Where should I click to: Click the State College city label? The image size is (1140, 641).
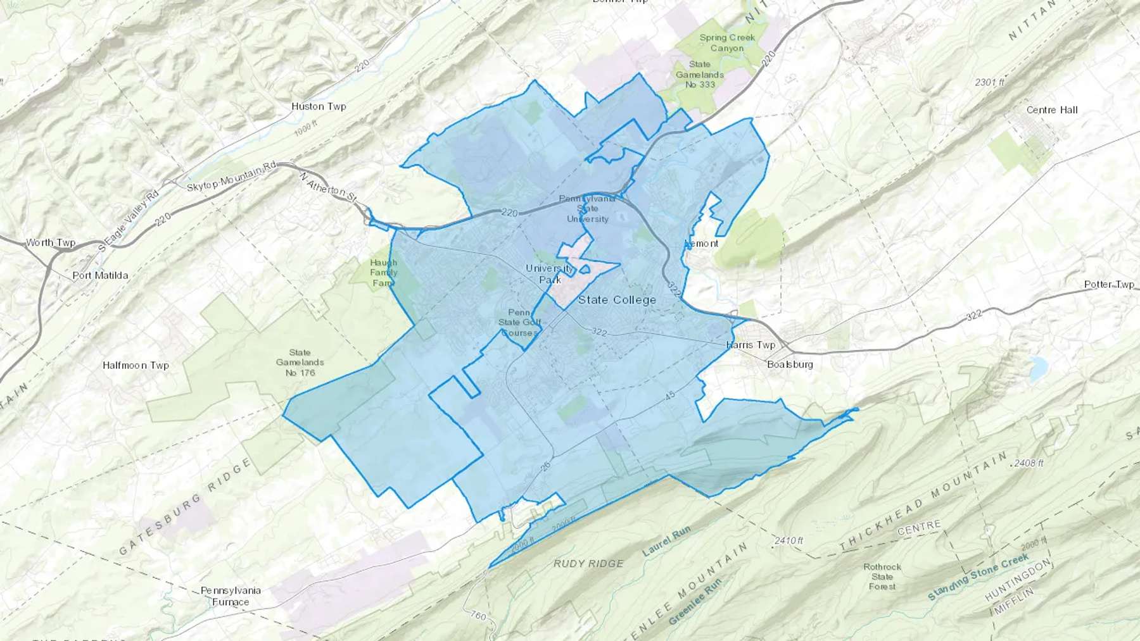pos(617,300)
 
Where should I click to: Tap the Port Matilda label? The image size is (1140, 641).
pos(100,275)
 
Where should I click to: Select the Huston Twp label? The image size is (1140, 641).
pos(319,106)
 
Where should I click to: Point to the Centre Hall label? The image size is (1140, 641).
pos(1052,110)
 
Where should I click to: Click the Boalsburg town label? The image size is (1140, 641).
pos(790,364)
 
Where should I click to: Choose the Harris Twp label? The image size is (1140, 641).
pos(750,345)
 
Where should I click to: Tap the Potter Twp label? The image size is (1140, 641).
pos(1109,284)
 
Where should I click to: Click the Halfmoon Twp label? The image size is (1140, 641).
pos(136,365)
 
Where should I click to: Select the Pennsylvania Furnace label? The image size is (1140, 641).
pos(231,596)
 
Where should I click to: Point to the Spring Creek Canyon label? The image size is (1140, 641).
pos(727,42)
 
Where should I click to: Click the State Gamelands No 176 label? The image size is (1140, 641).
pos(300,363)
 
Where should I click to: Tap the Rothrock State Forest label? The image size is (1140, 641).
pos(882,576)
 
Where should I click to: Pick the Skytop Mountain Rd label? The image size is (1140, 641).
pos(232,178)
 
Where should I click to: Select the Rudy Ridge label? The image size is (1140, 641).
pos(588,563)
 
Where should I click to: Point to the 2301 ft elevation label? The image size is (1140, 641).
pos(989,82)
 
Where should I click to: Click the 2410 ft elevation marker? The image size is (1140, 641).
pos(788,541)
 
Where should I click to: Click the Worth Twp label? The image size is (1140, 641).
pos(50,243)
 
